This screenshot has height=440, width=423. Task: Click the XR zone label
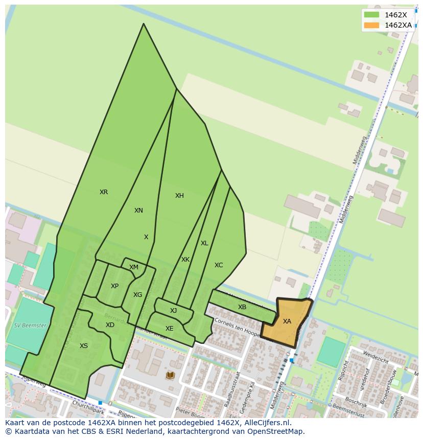(x=104, y=192)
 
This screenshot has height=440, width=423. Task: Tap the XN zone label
(x=138, y=211)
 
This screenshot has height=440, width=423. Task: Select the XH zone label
(x=179, y=196)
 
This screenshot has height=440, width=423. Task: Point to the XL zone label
(x=204, y=243)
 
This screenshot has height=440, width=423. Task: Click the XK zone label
(x=185, y=260)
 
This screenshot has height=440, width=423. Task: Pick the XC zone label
(x=219, y=265)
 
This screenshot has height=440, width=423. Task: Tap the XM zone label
(x=134, y=267)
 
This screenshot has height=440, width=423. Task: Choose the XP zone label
(x=114, y=286)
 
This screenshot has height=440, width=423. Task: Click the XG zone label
(x=137, y=295)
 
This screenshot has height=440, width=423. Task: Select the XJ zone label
(x=173, y=311)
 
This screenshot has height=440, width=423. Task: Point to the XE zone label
(x=169, y=329)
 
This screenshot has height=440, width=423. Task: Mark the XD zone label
(x=110, y=325)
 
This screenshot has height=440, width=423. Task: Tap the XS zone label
(x=84, y=346)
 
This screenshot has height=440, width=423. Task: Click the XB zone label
(x=242, y=307)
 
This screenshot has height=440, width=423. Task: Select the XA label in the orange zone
(x=287, y=321)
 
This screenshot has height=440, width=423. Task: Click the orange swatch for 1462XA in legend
(x=371, y=25)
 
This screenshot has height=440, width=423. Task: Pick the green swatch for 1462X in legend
(x=371, y=15)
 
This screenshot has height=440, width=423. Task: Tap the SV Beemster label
(x=30, y=326)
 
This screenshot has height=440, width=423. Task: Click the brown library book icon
(x=170, y=376)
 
